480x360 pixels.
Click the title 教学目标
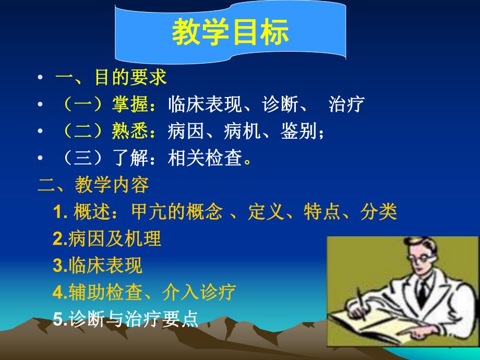click(230, 33)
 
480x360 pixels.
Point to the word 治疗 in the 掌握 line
click(346, 104)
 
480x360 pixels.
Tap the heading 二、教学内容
click(93, 185)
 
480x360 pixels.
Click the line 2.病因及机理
click(107, 239)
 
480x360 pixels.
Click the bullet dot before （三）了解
click(41, 159)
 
